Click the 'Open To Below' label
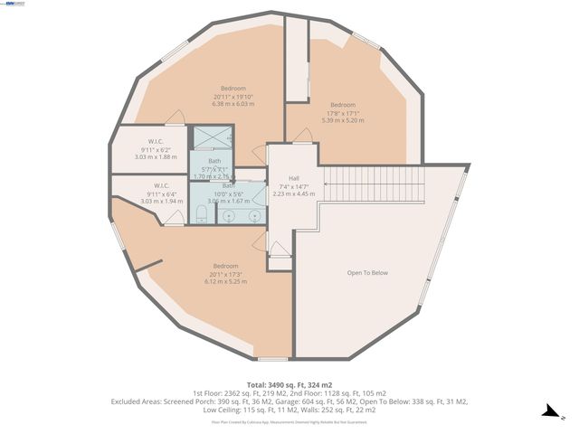point(367,272)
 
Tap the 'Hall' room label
point(294,178)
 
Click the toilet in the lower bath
point(201,213)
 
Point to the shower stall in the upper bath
point(213,139)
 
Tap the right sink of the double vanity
point(255,216)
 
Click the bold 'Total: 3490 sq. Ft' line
point(289,384)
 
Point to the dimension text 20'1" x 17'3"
point(226,274)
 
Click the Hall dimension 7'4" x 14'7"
point(294,186)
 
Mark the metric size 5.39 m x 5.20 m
point(343,120)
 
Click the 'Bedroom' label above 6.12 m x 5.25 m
point(226,266)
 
